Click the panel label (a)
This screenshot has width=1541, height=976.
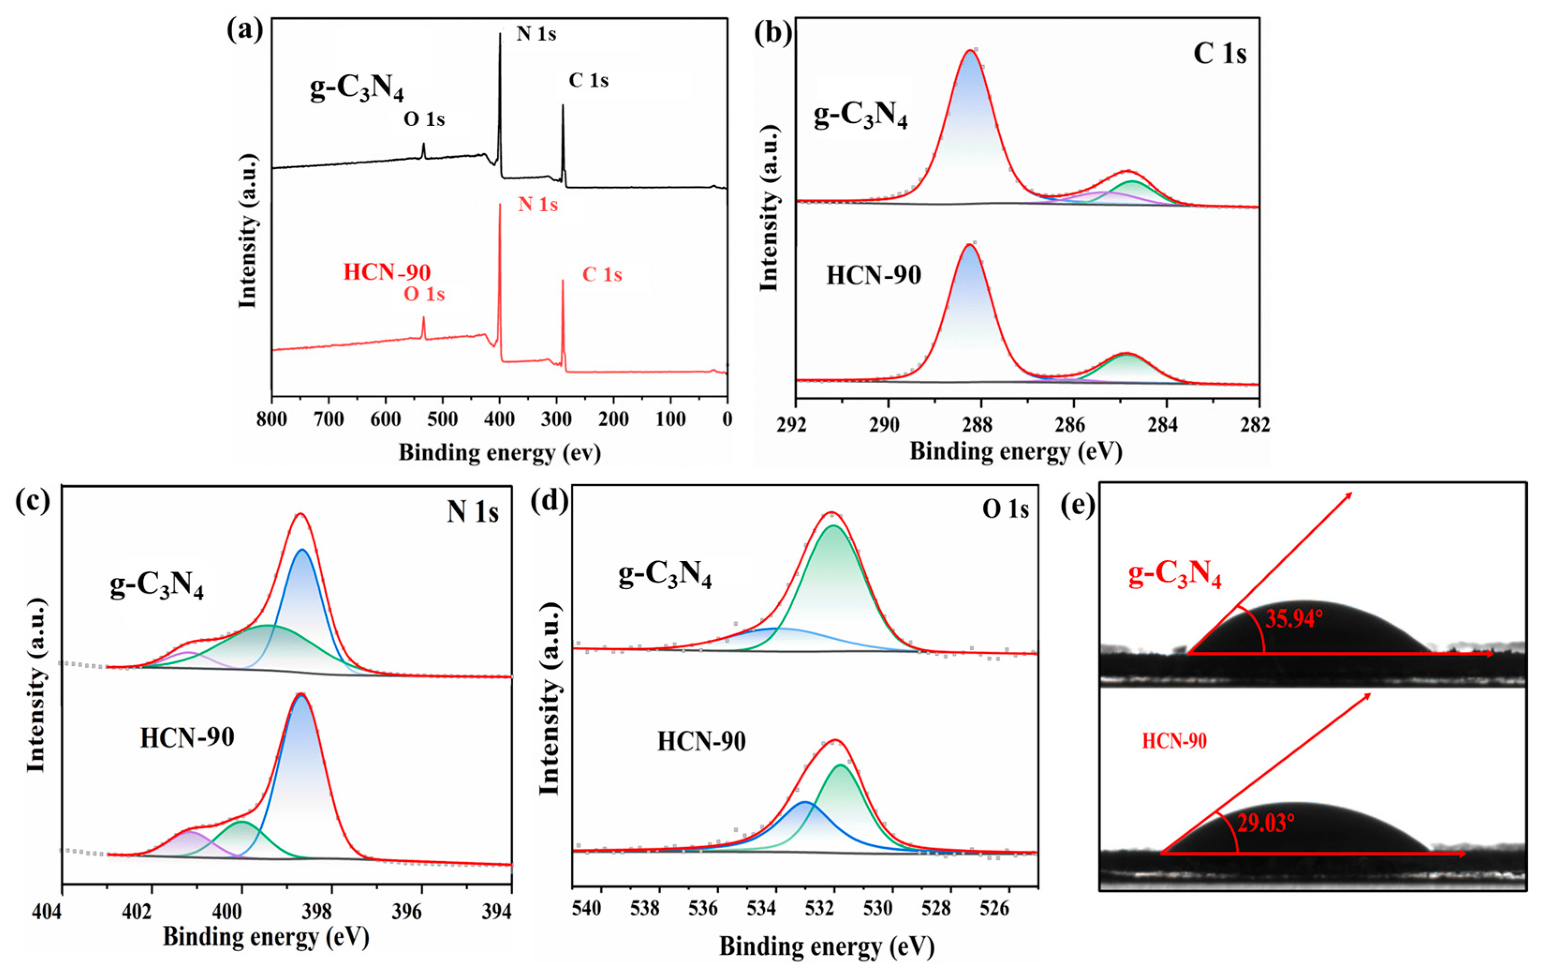[244, 30]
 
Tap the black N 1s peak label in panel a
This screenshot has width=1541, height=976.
[536, 33]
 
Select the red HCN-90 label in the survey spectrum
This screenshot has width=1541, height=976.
[386, 272]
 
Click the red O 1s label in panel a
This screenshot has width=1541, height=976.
[424, 295]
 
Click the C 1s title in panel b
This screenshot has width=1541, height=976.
[1219, 54]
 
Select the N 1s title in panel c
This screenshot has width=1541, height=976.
[472, 512]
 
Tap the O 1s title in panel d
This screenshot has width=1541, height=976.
[1005, 510]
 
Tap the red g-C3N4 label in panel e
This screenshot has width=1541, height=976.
[1174, 573]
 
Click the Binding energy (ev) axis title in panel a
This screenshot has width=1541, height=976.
[500, 453]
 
